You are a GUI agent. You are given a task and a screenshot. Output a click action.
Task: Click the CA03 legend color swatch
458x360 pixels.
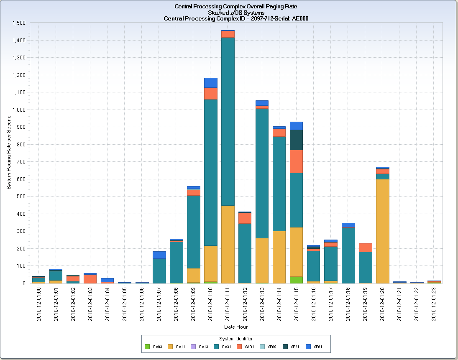pos(147,347)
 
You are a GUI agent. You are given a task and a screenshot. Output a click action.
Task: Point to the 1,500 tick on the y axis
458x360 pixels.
pos(19,23)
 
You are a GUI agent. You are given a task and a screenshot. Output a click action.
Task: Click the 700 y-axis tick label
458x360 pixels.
pos(21,162)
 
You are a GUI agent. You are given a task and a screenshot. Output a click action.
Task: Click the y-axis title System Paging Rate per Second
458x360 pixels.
pos(9,153)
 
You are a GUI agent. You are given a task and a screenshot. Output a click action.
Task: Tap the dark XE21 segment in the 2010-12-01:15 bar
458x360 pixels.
pos(296,140)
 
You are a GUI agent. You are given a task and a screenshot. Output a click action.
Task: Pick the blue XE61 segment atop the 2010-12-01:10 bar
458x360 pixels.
pos(211,83)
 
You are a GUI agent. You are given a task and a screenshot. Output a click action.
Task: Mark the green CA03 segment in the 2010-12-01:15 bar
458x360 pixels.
pos(296,280)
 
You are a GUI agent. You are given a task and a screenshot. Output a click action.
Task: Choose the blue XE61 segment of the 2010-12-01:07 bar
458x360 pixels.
pos(159,255)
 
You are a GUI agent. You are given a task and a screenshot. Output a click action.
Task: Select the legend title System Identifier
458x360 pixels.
pos(236,338)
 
